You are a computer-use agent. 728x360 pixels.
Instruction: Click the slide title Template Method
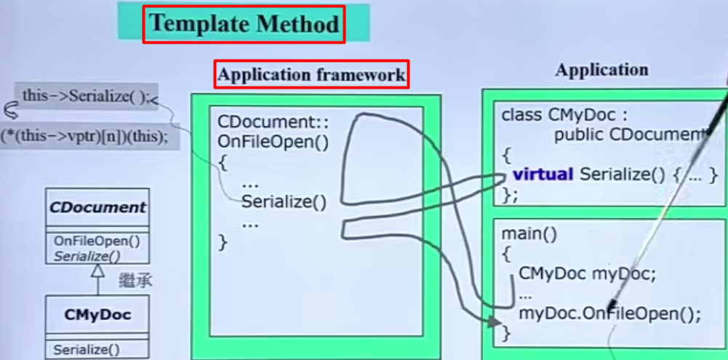pos(244,24)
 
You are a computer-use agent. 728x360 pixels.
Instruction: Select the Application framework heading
pos(311,74)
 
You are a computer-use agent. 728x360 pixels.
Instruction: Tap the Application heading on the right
pos(601,71)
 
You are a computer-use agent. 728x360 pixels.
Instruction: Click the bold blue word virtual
pos(544,174)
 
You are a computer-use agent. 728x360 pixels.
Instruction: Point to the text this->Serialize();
pos(85,96)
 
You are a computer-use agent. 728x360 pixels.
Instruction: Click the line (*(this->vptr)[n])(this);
pos(84,136)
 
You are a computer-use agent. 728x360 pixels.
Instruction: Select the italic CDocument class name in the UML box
pos(97,207)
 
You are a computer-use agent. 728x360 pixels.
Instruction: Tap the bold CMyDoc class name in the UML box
pos(97,316)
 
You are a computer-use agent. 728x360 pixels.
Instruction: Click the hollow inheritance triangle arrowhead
pos(97,271)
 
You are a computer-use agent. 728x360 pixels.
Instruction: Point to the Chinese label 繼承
pos(135,281)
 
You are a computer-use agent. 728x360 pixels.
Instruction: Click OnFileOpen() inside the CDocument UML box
pos(97,241)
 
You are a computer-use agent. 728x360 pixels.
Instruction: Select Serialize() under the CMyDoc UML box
pos(87,350)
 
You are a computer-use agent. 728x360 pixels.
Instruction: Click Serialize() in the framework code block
pos(284,202)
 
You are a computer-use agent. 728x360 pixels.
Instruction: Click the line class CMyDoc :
pos(564,115)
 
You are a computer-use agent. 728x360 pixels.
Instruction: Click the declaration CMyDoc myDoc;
pos(588,274)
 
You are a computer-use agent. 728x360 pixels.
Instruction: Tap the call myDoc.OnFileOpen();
pos(609,314)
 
